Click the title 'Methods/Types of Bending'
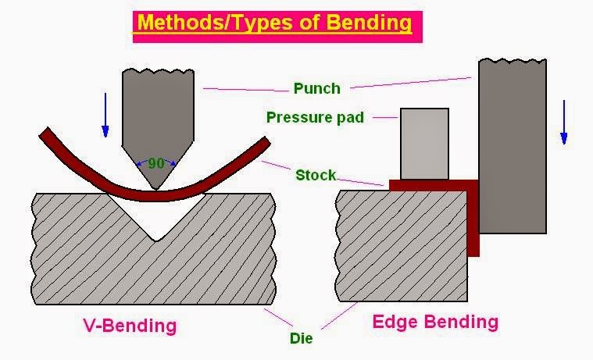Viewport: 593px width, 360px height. point(273,23)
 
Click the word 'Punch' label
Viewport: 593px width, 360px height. point(316,88)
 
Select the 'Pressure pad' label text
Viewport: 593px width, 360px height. point(314,118)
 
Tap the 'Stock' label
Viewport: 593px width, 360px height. point(315,175)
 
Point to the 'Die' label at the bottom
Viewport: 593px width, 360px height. point(301,339)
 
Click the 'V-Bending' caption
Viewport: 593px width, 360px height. point(130,324)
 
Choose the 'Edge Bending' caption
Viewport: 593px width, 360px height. point(435,322)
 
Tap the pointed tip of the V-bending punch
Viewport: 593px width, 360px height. point(157,188)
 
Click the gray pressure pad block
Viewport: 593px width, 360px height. point(424,144)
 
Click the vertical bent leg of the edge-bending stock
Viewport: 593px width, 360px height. point(473,223)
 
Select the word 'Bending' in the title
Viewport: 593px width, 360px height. point(370,23)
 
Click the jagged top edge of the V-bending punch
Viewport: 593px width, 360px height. point(157,72)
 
